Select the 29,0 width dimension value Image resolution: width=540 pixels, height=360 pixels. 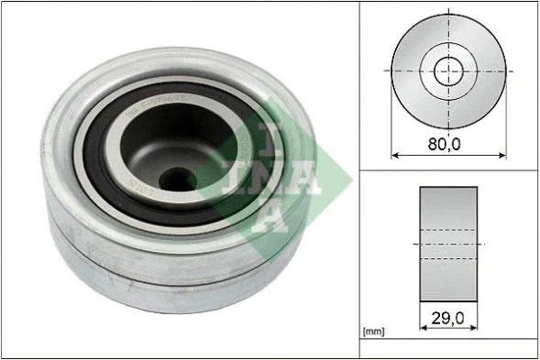tap(449, 319)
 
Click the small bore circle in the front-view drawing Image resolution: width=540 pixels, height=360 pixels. tap(449, 69)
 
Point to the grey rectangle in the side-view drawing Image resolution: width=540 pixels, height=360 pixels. tap(449, 243)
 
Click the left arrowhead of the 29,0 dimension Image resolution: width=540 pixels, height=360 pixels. tap(423, 326)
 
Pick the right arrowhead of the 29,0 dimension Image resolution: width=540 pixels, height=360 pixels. tap(476, 326)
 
